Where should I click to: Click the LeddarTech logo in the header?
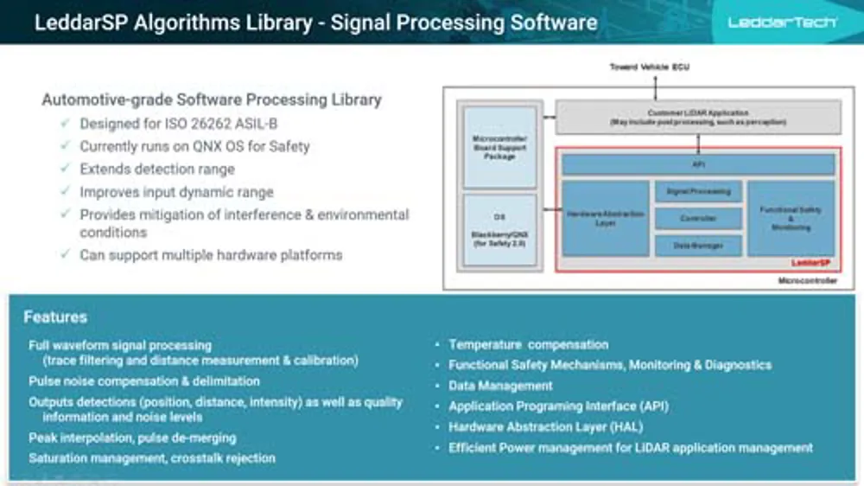click(x=782, y=22)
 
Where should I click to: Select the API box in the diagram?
click(x=698, y=164)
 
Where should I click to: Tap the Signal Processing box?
click(x=698, y=191)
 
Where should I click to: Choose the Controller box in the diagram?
click(x=698, y=218)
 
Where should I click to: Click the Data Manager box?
click(x=698, y=246)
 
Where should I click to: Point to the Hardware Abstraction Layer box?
click(x=606, y=218)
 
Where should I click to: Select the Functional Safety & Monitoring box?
click(x=791, y=218)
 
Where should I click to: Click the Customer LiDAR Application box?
click(x=698, y=117)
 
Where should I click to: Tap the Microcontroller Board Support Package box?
click(x=500, y=146)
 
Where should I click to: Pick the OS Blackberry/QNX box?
click(x=500, y=230)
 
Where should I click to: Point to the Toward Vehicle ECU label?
click(x=649, y=67)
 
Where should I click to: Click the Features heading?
click(x=55, y=317)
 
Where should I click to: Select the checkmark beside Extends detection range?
click(x=66, y=169)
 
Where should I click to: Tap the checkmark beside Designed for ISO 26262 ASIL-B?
click(x=66, y=124)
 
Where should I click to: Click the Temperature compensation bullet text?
click(x=528, y=344)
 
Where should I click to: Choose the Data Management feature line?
click(x=500, y=386)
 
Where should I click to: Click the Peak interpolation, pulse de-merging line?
click(x=132, y=438)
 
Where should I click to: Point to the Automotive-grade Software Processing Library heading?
click(x=212, y=99)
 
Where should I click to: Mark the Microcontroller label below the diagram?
click(x=807, y=282)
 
